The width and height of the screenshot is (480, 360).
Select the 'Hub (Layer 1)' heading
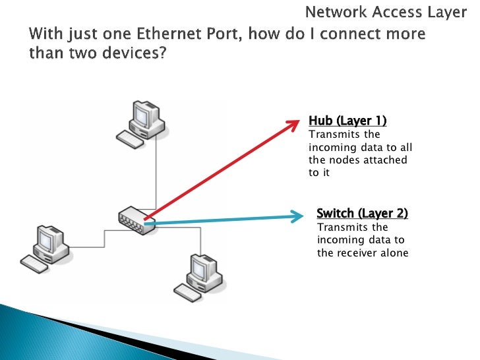pos(347,121)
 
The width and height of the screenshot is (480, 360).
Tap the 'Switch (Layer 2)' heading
pos(362,213)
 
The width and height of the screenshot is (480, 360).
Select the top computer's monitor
pos(142,117)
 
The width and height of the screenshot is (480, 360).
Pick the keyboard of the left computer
pos(34,264)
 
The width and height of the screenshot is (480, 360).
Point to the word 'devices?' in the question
pos(136,53)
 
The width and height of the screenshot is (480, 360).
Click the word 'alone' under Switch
pos(394,253)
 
